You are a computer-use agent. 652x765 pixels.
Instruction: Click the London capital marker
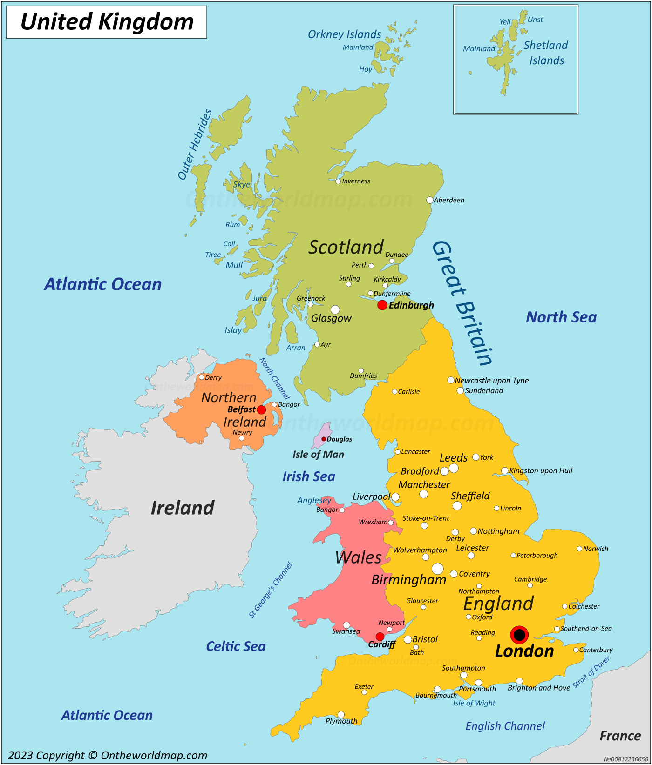[x=519, y=635]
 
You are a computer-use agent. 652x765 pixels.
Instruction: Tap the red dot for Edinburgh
[x=382, y=305]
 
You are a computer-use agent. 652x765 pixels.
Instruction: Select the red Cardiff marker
[x=380, y=637]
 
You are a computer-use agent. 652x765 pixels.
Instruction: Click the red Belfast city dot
[x=261, y=410]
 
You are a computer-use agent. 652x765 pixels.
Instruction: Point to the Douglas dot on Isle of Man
[x=324, y=439]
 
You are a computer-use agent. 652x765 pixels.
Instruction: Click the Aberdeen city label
[x=449, y=201]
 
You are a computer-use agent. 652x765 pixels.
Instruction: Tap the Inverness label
[x=356, y=181]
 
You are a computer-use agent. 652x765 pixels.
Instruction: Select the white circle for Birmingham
[x=437, y=569]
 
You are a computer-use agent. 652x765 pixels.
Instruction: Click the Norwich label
[x=596, y=549]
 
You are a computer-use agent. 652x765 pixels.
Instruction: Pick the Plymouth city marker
[x=341, y=715]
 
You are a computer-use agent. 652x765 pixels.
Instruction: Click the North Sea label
[x=561, y=317]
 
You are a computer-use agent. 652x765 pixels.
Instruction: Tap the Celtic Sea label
[x=236, y=646]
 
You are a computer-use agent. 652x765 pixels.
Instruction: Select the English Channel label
[x=505, y=726]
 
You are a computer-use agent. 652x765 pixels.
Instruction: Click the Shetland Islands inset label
[x=546, y=53]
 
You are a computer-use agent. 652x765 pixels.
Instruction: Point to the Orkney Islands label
[x=344, y=34]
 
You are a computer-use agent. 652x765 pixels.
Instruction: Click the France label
[x=620, y=736]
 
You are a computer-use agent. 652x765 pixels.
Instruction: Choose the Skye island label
[x=242, y=185]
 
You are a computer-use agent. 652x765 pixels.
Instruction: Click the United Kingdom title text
[x=107, y=22]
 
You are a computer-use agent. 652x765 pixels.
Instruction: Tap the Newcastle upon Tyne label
[x=491, y=381]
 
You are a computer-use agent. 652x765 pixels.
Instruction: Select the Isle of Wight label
[x=474, y=703]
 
